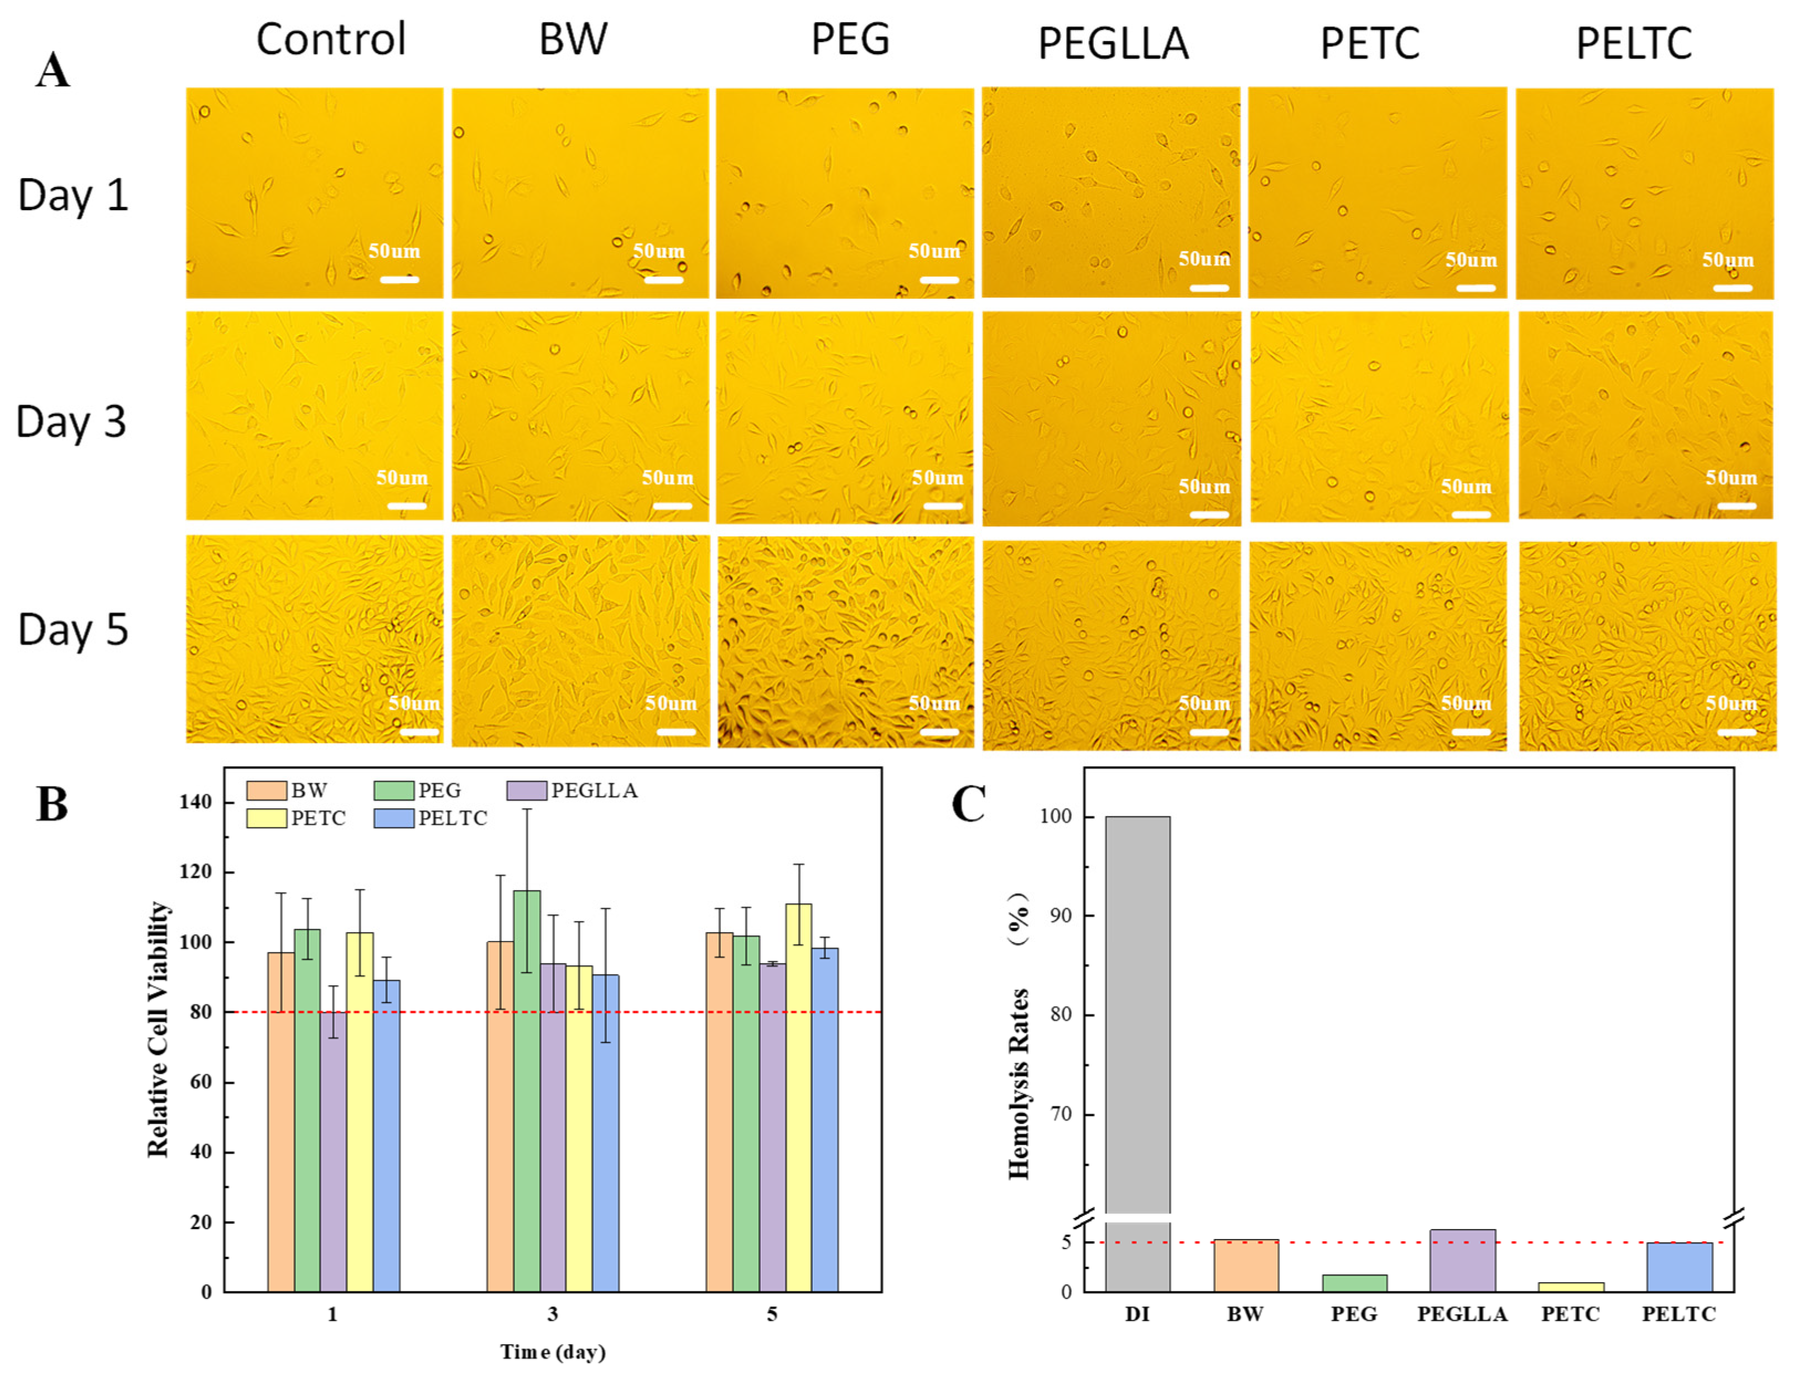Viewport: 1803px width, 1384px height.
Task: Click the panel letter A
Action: pyautogui.click(x=52, y=71)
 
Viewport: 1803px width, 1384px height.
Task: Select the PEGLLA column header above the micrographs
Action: pyautogui.click(x=1113, y=44)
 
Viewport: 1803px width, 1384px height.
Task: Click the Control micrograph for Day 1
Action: pyautogui.click(x=314, y=192)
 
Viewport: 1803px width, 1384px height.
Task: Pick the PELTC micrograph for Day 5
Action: pyautogui.click(x=1647, y=646)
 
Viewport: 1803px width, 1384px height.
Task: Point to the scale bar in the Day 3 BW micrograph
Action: pyautogui.click(x=672, y=506)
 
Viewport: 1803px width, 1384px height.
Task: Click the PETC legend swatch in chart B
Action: pyautogui.click(x=266, y=818)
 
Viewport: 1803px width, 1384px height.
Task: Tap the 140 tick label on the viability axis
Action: pyautogui.click(x=195, y=802)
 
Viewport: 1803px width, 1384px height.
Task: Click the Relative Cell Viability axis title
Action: pyautogui.click(x=159, y=1030)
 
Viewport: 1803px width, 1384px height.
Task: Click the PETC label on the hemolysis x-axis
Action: pyautogui.click(x=1571, y=1314)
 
